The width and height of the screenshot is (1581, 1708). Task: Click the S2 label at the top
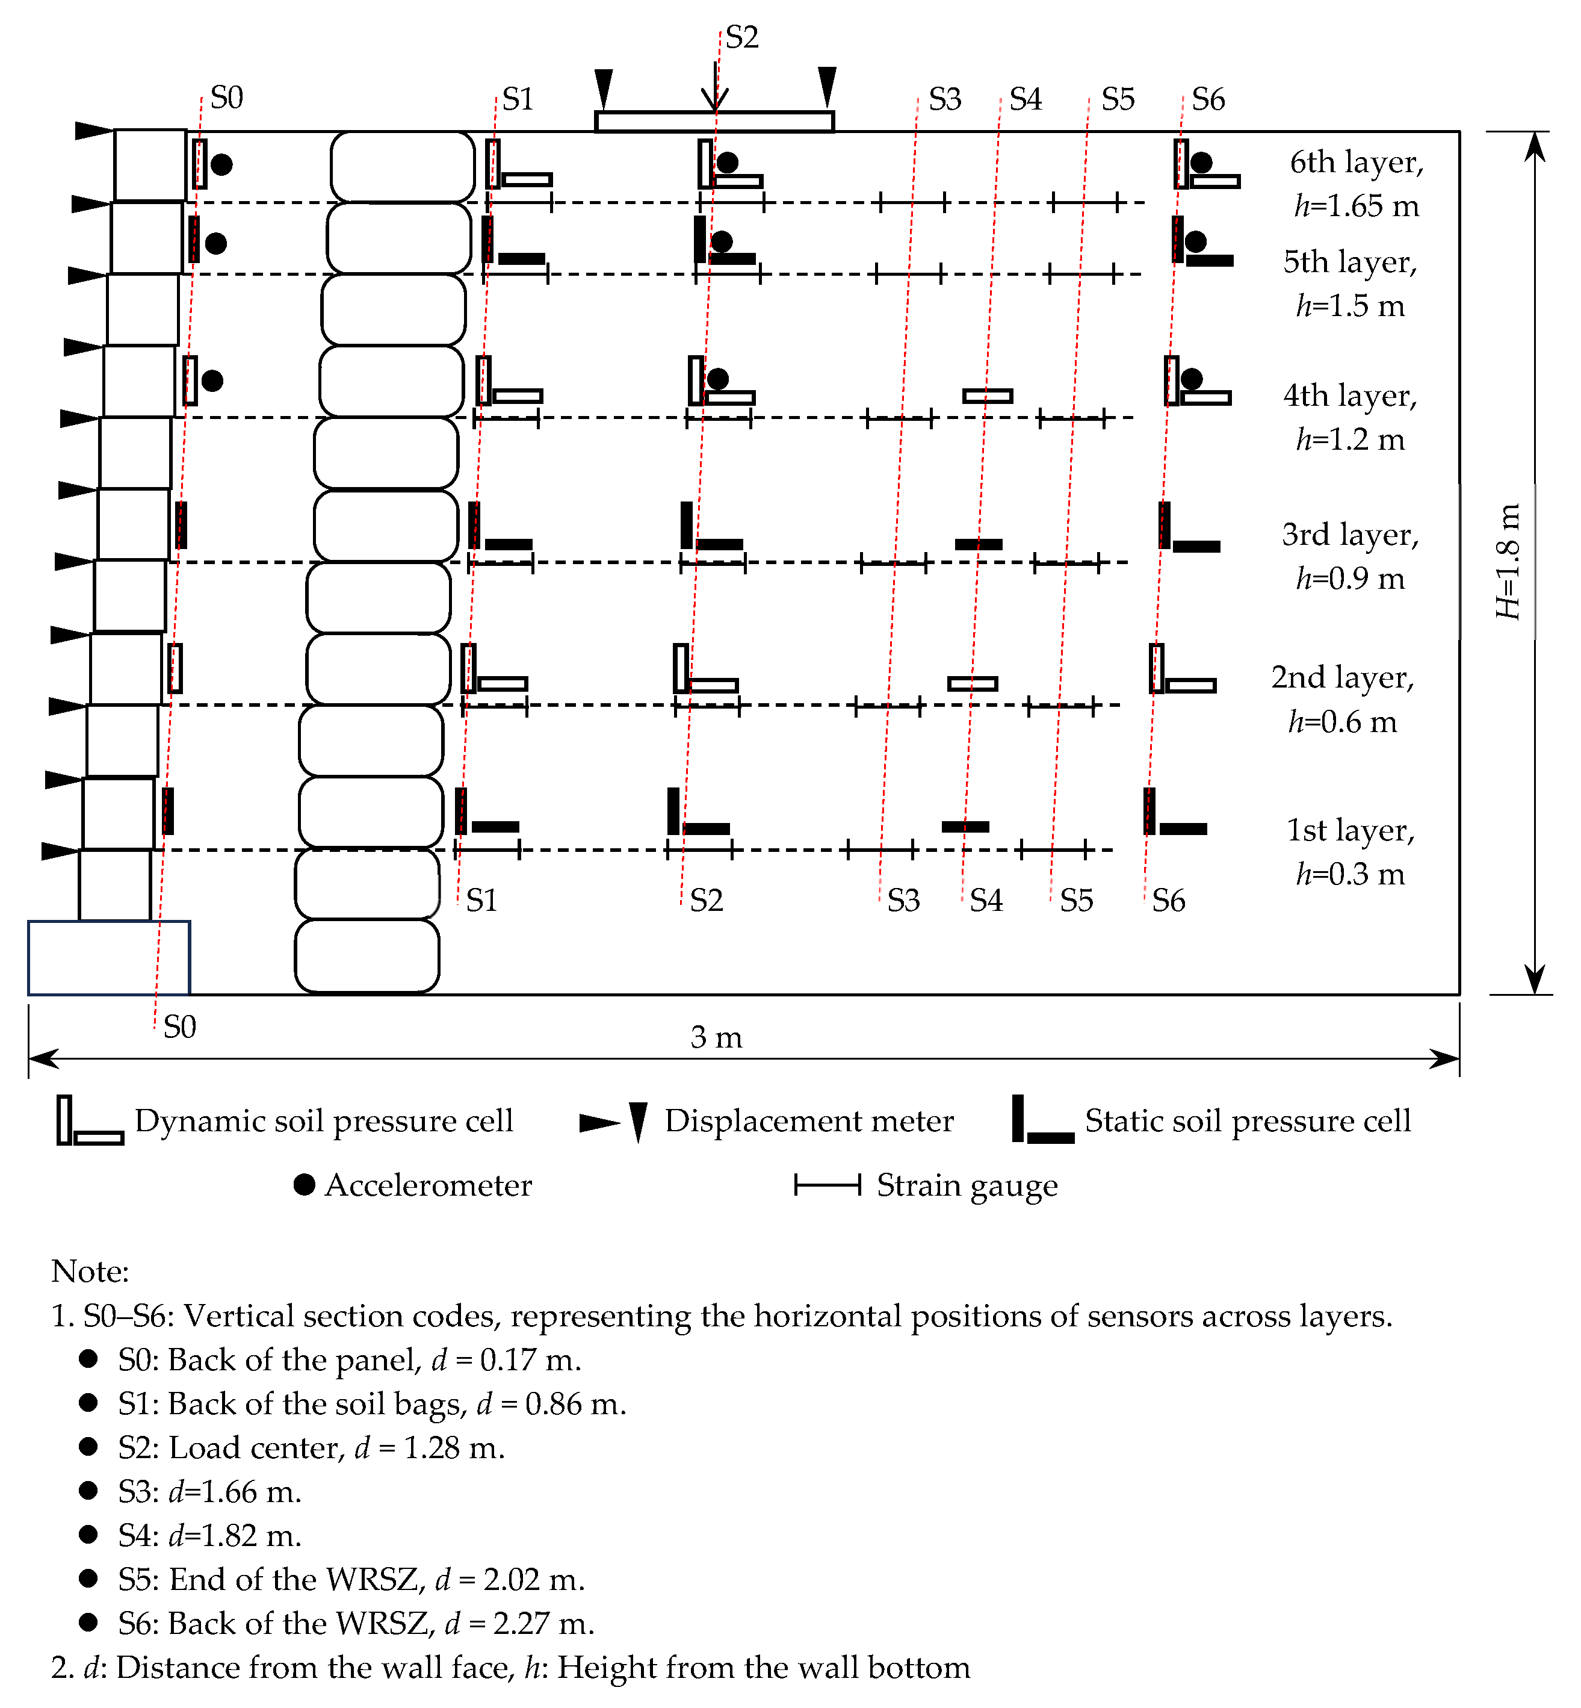(741, 38)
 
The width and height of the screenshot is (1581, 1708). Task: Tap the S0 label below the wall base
(180, 1027)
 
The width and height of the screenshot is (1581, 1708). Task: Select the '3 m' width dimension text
(717, 1038)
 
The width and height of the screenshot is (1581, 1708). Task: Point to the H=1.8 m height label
(1508, 561)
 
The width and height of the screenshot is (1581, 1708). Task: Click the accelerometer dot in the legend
(305, 1185)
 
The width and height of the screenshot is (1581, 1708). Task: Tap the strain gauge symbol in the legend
(828, 1185)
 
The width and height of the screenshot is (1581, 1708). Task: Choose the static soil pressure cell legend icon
(1042, 1121)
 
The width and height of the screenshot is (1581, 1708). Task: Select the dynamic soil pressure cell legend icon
(89, 1121)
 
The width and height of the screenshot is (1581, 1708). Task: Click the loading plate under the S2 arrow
(714, 122)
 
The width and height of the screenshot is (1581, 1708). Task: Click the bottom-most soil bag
(367, 956)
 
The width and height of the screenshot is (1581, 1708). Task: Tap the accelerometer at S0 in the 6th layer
(221, 164)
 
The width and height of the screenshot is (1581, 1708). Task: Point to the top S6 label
(1208, 100)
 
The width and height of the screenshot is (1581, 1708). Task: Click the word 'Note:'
(90, 1272)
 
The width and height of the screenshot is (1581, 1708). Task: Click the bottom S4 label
(986, 900)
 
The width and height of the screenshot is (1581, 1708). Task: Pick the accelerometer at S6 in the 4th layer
(1192, 379)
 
